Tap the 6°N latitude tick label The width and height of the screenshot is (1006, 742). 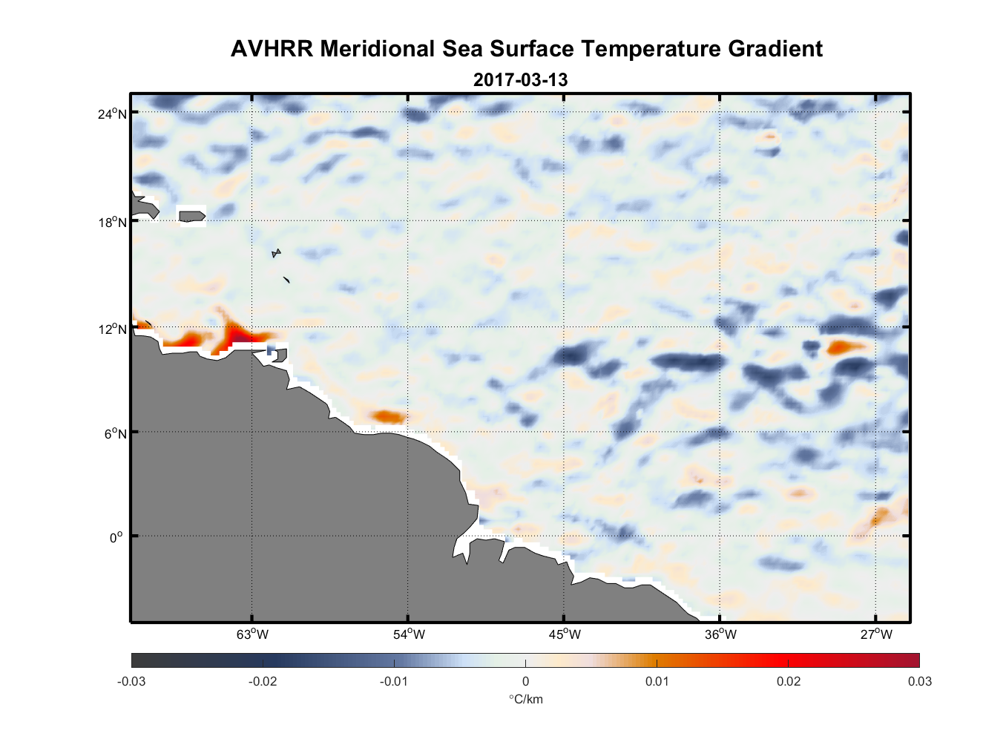click(x=115, y=433)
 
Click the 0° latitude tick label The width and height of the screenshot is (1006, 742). click(x=116, y=537)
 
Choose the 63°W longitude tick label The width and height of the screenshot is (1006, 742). click(x=252, y=634)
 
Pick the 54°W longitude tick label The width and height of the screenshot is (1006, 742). click(x=409, y=634)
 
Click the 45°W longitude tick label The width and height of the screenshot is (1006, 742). click(x=565, y=634)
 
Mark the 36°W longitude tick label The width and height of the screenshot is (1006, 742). click(x=720, y=634)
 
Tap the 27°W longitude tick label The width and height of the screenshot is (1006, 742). click(x=876, y=634)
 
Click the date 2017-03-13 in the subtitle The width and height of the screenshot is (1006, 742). click(x=520, y=79)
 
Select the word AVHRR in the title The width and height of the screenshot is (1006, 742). click(x=272, y=49)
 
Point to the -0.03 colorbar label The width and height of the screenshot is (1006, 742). click(x=131, y=682)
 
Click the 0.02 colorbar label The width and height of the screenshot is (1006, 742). click(x=789, y=682)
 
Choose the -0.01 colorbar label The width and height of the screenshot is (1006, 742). click(x=394, y=682)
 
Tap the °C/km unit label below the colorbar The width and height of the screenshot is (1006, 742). click(x=525, y=699)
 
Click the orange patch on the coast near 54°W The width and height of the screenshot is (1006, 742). click(x=388, y=416)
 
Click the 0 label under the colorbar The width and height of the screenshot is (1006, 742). click(x=525, y=682)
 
